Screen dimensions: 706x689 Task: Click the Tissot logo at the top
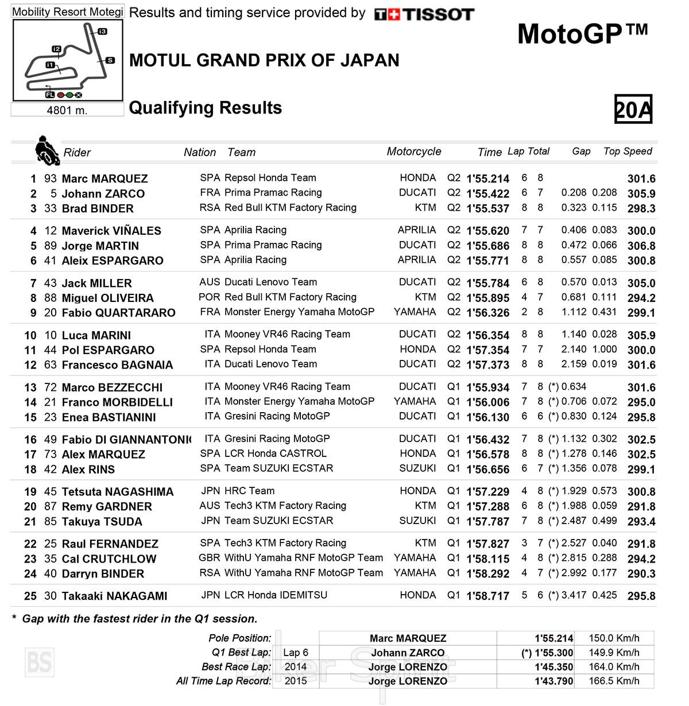424,14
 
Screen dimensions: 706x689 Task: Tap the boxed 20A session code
633,109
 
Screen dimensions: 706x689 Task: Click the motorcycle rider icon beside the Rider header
46,150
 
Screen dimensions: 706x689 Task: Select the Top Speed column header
628,151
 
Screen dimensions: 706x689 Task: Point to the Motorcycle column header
414,152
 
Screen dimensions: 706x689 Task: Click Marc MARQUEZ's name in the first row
104,179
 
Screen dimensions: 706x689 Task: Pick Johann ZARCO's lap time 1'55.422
487,193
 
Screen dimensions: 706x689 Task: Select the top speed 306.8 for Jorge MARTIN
641,246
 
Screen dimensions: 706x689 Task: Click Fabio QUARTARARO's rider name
118,313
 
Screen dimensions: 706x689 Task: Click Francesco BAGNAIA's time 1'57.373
487,364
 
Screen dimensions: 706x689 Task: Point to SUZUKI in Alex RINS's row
417,468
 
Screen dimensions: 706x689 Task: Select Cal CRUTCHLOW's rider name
109,558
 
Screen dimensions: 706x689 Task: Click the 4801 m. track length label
67,110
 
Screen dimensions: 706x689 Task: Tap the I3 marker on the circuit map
102,31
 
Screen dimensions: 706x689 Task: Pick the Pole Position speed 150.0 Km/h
614,638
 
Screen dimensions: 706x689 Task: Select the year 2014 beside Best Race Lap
296,667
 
